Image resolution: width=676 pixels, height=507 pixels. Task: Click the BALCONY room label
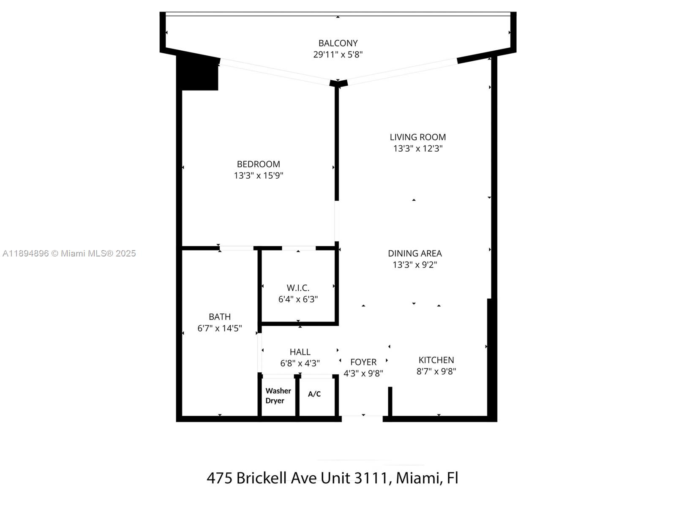(338, 43)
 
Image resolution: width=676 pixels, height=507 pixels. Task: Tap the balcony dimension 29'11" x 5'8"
(338, 55)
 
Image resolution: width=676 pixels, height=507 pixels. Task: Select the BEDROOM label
(258, 164)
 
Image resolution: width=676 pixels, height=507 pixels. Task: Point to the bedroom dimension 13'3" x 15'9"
(258, 175)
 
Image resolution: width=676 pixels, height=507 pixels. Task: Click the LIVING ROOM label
(417, 137)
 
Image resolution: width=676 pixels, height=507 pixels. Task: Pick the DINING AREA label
(414, 253)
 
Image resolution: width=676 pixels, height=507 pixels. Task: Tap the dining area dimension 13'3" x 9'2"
(414, 265)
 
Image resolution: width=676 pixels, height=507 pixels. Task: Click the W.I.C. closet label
(298, 288)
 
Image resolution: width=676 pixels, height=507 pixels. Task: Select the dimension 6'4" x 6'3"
(298, 299)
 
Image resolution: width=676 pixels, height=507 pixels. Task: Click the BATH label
(219, 316)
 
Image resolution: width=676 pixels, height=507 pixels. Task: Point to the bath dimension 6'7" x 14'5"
(219, 328)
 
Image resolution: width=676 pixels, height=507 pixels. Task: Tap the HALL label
(300, 352)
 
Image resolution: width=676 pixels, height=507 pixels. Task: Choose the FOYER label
(363, 362)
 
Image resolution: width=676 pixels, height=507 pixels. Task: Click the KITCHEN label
(436, 360)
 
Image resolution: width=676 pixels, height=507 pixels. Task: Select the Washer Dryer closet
(278, 396)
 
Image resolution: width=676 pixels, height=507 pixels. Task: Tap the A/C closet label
(314, 394)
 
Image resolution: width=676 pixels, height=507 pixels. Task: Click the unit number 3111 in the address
(370, 478)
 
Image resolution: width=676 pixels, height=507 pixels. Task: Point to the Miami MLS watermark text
(69, 253)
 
